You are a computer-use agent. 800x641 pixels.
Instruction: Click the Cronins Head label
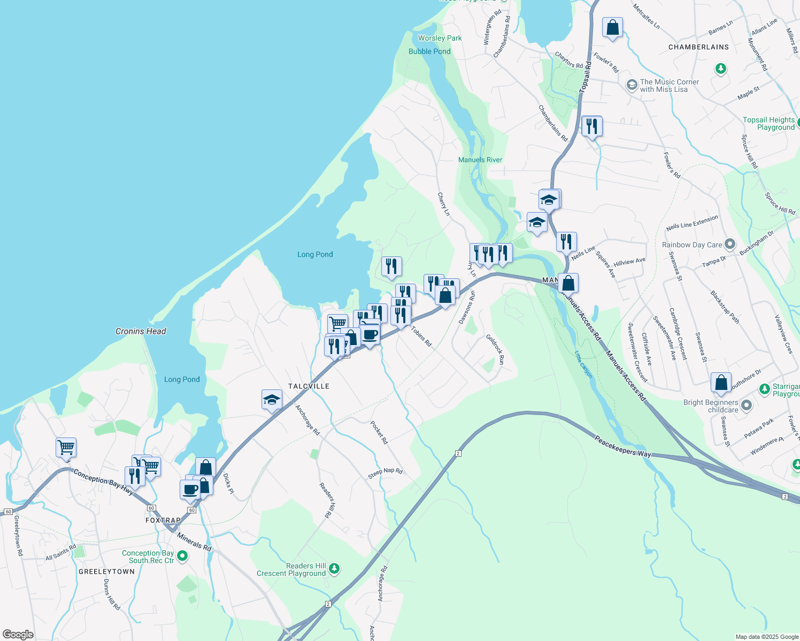point(141,331)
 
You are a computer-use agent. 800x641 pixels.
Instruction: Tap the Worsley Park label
point(440,38)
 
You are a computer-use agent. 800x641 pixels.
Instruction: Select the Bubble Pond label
point(429,51)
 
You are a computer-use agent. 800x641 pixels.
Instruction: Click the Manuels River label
point(480,160)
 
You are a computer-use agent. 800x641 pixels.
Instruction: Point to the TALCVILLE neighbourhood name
point(309,386)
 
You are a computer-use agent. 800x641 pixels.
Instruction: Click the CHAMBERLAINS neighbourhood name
point(698,47)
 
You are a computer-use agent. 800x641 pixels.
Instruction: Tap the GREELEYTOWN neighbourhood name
point(107,572)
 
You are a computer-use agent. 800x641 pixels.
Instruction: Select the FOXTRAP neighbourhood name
point(163,520)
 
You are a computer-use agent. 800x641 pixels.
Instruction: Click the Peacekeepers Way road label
point(623,446)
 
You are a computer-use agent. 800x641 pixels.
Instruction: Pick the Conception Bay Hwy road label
point(103,481)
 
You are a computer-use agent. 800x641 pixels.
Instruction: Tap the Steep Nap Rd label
point(385,473)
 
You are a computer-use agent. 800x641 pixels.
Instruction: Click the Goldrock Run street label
point(495,349)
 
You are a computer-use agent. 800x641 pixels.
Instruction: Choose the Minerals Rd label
point(194,542)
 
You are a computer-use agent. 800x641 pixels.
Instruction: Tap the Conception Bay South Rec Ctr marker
point(182,557)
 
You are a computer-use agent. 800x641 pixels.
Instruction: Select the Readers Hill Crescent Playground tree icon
point(334,568)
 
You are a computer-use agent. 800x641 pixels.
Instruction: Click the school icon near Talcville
point(272,400)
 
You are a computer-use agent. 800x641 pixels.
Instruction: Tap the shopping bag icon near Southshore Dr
point(721,382)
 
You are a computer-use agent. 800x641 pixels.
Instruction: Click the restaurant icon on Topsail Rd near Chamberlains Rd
point(591,126)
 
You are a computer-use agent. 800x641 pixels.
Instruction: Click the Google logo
point(18,635)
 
